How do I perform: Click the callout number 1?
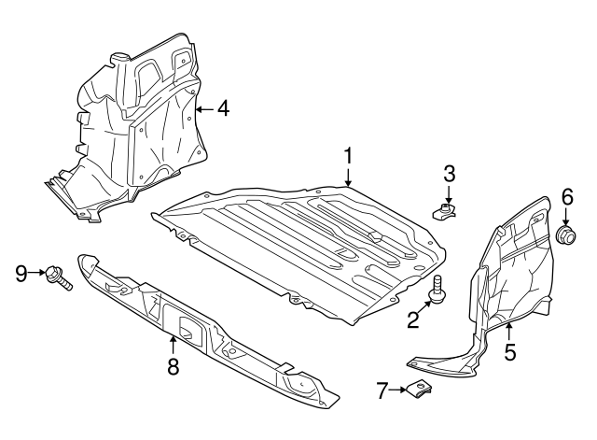(348, 157)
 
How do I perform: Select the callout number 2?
(412, 319)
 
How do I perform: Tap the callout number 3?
(449, 174)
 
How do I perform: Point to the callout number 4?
(224, 108)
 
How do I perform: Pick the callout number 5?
(510, 351)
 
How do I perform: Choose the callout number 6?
(567, 197)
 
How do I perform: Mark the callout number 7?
(382, 390)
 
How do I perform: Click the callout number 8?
(173, 366)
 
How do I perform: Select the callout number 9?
(21, 273)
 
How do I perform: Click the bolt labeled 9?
(57, 278)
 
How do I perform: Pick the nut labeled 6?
(566, 234)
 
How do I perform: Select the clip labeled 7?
(420, 389)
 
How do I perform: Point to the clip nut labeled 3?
(445, 211)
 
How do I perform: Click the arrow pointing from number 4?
(205, 109)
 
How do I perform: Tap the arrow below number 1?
(348, 178)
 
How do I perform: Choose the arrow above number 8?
(173, 345)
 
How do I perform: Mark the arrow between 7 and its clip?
(398, 390)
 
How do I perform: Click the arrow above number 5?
(509, 331)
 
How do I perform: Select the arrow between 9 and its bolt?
(37, 272)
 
